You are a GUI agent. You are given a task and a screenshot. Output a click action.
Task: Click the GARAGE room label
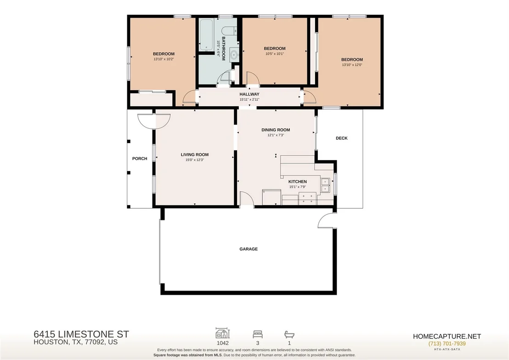click(249, 249)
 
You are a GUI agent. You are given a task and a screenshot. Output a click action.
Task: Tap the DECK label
click(341, 138)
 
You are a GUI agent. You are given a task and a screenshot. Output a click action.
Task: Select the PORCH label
click(140, 159)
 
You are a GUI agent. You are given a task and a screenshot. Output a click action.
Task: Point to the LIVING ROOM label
click(195, 154)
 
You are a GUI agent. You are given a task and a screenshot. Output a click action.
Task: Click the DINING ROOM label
click(276, 130)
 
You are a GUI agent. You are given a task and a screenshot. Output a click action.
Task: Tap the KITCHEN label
click(298, 182)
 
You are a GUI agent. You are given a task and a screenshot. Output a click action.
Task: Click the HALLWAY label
click(249, 94)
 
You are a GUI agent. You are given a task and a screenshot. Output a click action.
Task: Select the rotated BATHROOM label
click(223, 49)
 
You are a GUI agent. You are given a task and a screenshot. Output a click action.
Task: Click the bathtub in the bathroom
click(206, 35)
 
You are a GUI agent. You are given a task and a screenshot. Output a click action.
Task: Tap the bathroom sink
click(234, 55)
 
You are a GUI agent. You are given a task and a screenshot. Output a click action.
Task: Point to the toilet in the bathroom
click(230, 30)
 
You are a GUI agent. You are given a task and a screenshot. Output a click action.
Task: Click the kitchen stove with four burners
click(307, 198)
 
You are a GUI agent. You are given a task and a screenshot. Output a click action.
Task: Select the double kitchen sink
click(325, 185)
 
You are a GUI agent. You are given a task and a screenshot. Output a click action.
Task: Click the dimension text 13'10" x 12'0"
click(352, 65)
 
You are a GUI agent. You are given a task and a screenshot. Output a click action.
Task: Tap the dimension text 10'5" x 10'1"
click(275, 54)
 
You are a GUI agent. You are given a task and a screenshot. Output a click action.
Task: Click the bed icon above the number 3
click(258, 334)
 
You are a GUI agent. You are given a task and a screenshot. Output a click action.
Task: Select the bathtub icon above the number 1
click(289, 334)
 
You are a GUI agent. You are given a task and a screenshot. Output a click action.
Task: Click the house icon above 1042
click(223, 333)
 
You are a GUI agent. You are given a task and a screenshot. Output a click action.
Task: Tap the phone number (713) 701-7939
click(447, 343)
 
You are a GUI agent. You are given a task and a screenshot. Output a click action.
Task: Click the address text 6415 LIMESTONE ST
click(81, 334)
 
